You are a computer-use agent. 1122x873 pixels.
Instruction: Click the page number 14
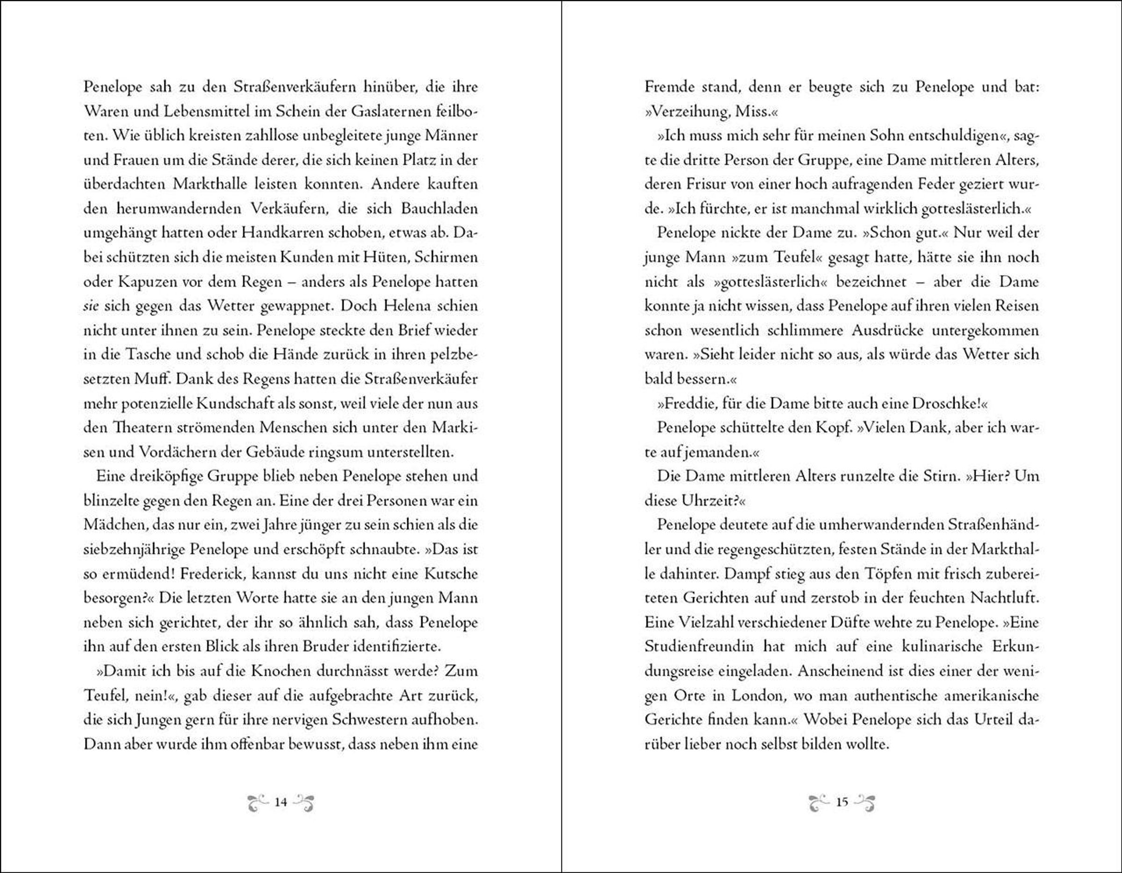pyautogui.click(x=280, y=801)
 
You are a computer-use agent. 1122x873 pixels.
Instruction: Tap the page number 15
pyautogui.click(x=841, y=801)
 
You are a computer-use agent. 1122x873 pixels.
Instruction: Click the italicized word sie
pyautogui.click(x=91, y=307)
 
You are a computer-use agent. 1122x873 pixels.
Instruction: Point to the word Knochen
pyautogui.click(x=275, y=671)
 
